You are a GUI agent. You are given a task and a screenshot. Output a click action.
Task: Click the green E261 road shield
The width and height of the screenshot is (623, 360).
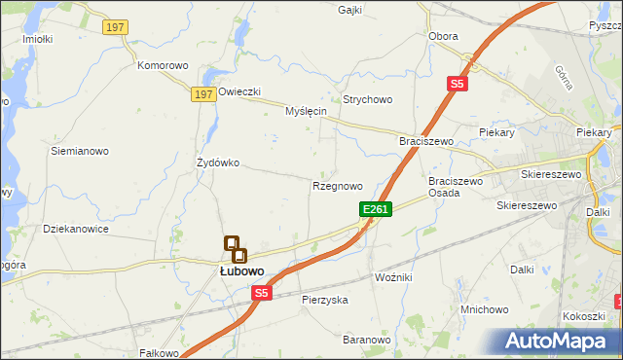(x=376, y=209)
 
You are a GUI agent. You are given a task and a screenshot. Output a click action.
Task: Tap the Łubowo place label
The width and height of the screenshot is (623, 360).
(x=239, y=271)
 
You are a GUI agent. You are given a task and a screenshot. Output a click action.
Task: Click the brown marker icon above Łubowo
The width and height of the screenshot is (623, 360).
(x=235, y=249)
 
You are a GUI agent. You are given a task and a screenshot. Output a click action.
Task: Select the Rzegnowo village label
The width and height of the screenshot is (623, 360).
(x=338, y=185)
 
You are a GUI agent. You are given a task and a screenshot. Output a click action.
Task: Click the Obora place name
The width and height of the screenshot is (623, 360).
(x=443, y=36)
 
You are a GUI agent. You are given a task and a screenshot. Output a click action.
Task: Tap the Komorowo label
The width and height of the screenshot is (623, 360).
(x=163, y=66)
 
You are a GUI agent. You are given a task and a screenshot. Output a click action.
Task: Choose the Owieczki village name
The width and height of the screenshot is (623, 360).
(x=239, y=91)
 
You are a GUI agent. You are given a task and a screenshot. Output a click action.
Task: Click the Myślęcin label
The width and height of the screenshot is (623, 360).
(x=305, y=111)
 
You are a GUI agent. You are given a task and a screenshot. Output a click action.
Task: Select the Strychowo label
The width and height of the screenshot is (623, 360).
(x=367, y=99)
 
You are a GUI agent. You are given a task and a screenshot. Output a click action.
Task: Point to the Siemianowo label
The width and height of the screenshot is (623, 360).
(x=80, y=152)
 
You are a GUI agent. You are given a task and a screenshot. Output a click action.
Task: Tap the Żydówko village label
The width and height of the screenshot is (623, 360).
(x=217, y=162)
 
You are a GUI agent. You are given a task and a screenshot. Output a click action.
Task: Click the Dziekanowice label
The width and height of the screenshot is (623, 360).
(x=76, y=230)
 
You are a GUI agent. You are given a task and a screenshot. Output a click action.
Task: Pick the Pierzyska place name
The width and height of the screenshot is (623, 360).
(x=324, y=300)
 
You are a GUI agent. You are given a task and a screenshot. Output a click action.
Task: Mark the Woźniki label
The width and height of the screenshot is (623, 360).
(x=393, y=278)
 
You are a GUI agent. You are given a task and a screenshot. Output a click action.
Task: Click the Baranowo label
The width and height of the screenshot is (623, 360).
(x=366, y=340)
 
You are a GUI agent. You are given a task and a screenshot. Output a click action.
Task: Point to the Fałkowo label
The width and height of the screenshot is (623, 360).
(x=160, y=353)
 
